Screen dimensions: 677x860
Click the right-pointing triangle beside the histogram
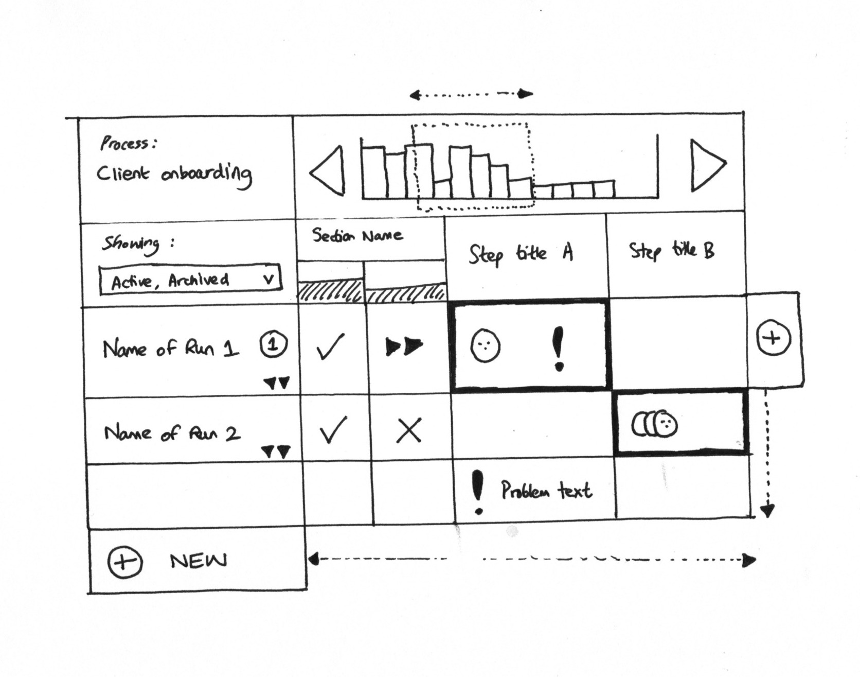pos(706,165)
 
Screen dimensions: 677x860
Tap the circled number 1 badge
pos(274,344)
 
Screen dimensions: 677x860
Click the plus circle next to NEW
pos(125,561)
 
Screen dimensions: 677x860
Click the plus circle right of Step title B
pos(773,338)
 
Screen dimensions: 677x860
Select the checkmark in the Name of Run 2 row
pos(332,430)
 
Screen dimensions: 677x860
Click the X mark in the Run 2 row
pos(409,430)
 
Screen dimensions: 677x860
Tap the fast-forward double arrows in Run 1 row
pos(404,347)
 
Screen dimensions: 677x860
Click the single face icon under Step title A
pos(485,345)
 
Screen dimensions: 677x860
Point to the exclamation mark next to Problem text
pos(478,492)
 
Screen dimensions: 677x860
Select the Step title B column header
pos(672,251)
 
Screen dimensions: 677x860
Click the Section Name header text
pos(357,236)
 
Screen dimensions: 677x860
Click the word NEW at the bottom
pos(198,561)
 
